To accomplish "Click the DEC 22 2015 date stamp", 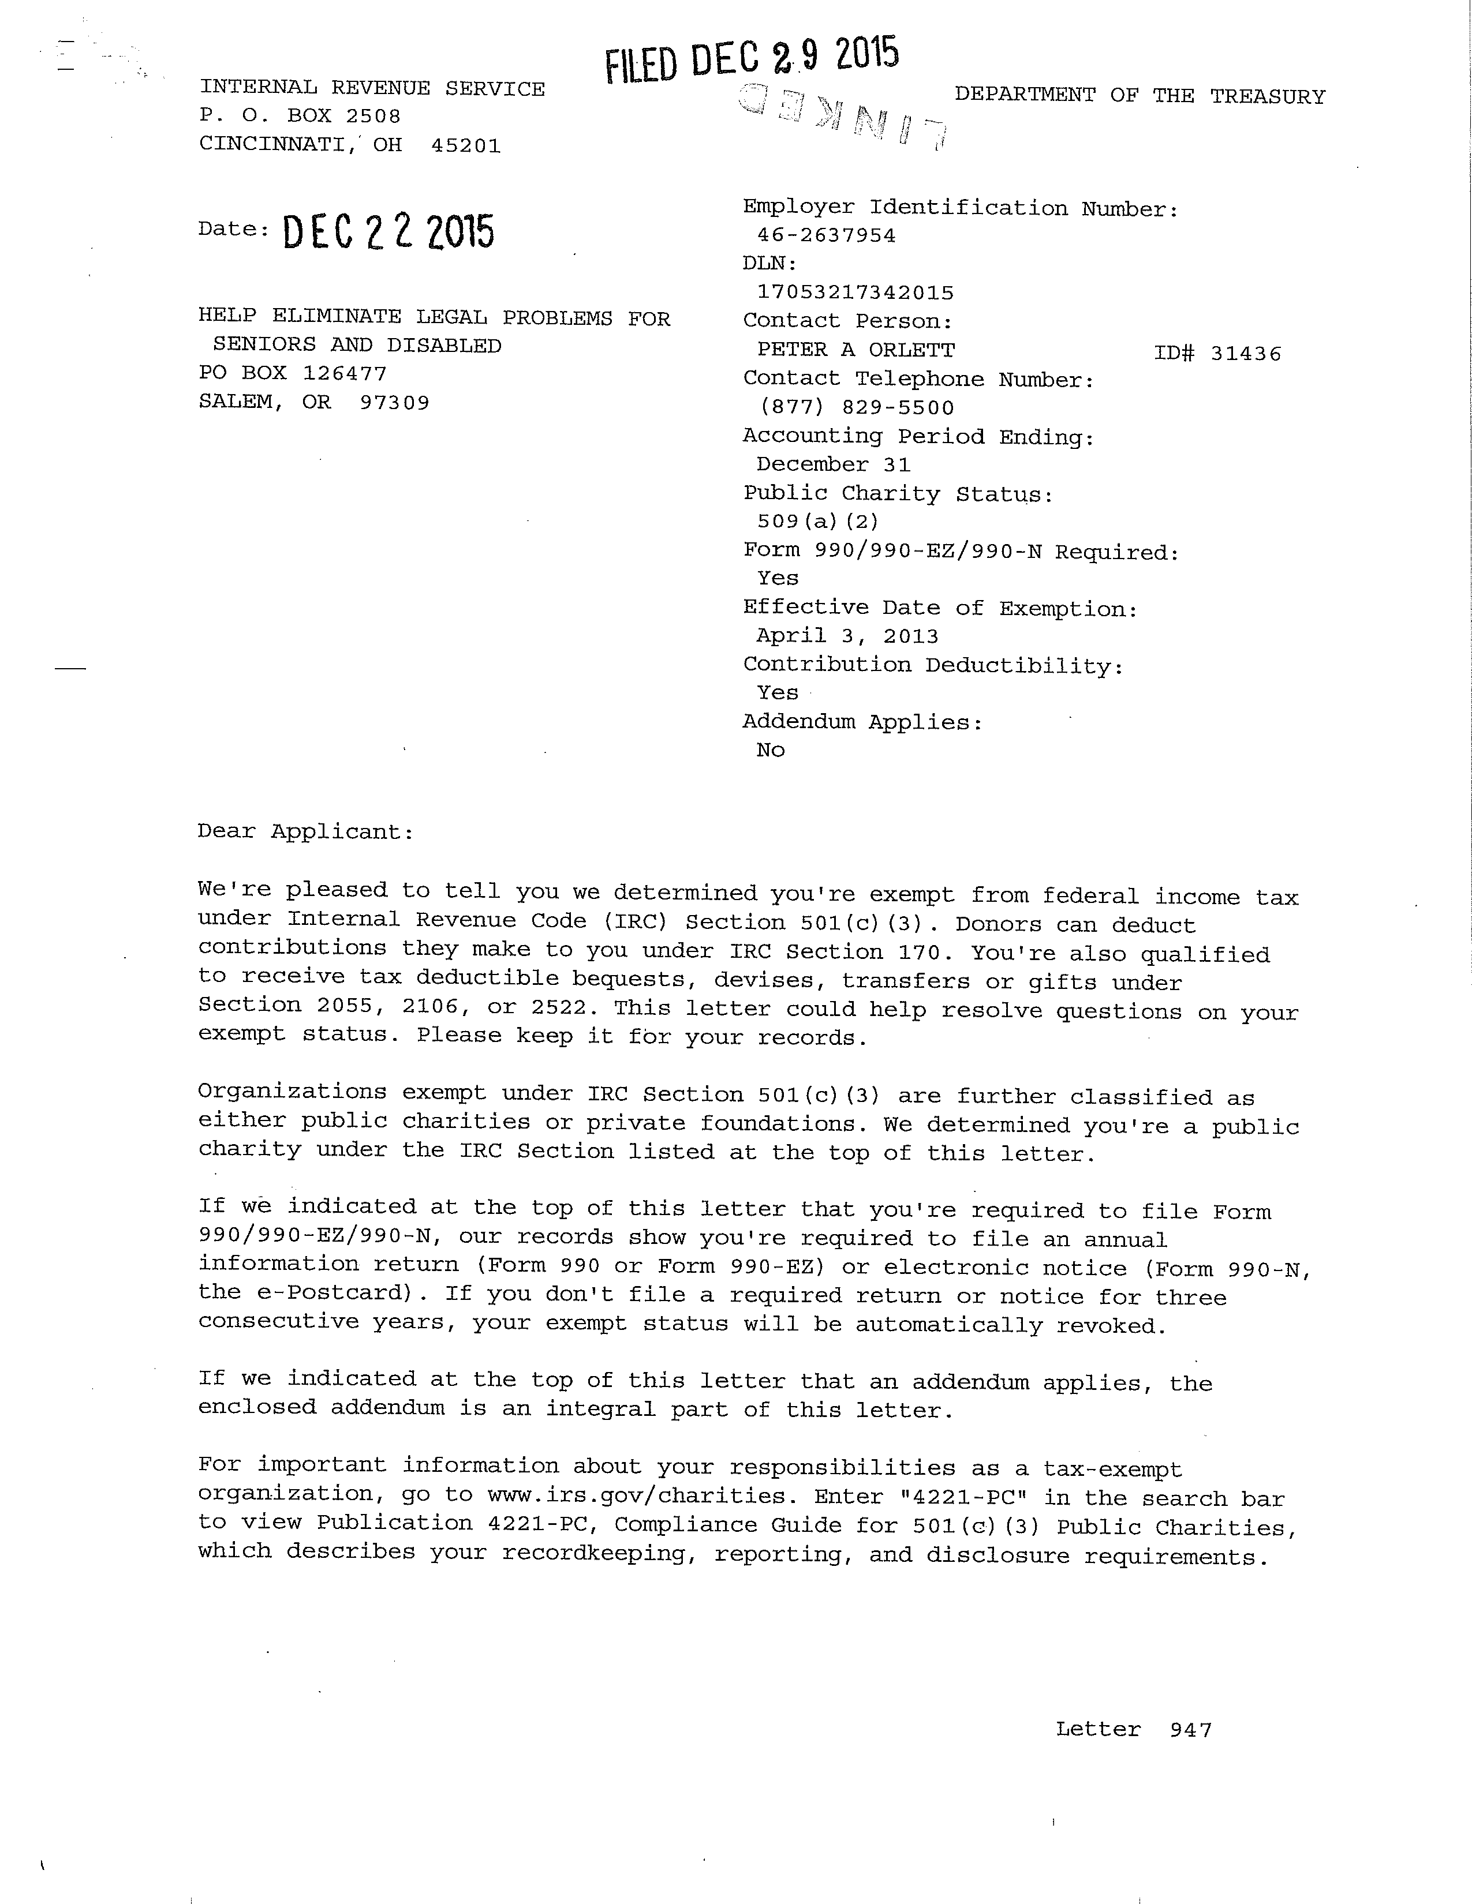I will [x=388, y=232].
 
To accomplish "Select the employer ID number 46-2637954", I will [x=826, y=235].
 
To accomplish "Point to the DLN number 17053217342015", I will [x=854, y=293].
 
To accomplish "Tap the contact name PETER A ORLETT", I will [x=855, y=350].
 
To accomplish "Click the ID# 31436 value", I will [x=1217, y=353].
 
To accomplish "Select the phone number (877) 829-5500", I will [x=855, y=407].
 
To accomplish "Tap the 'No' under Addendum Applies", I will [x=771, y=749].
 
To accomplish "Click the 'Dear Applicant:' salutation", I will [x=305, y=831].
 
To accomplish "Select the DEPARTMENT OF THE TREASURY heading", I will [x=1139, y=96].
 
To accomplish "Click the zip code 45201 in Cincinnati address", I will [x=466, y=145].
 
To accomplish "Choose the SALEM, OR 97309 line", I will [x=314, y=402].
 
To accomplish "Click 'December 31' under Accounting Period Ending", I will [x=833, y=464].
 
